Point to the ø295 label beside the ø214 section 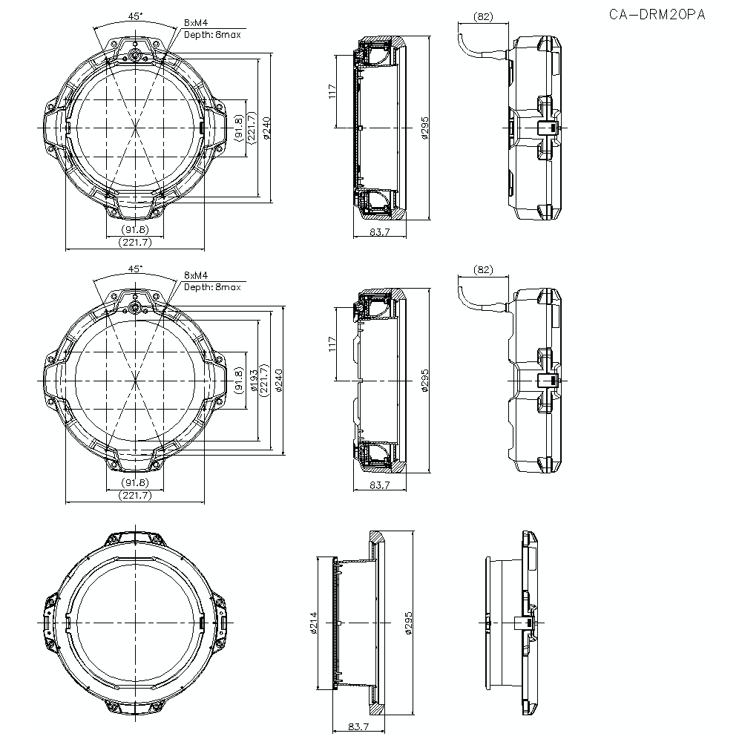407,622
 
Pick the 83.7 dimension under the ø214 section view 349,726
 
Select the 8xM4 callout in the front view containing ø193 196,275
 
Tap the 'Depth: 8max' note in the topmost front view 212,34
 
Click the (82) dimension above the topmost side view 483,16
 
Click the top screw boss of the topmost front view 136,54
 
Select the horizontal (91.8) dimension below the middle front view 136,482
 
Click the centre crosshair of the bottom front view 136,621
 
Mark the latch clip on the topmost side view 547,128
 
